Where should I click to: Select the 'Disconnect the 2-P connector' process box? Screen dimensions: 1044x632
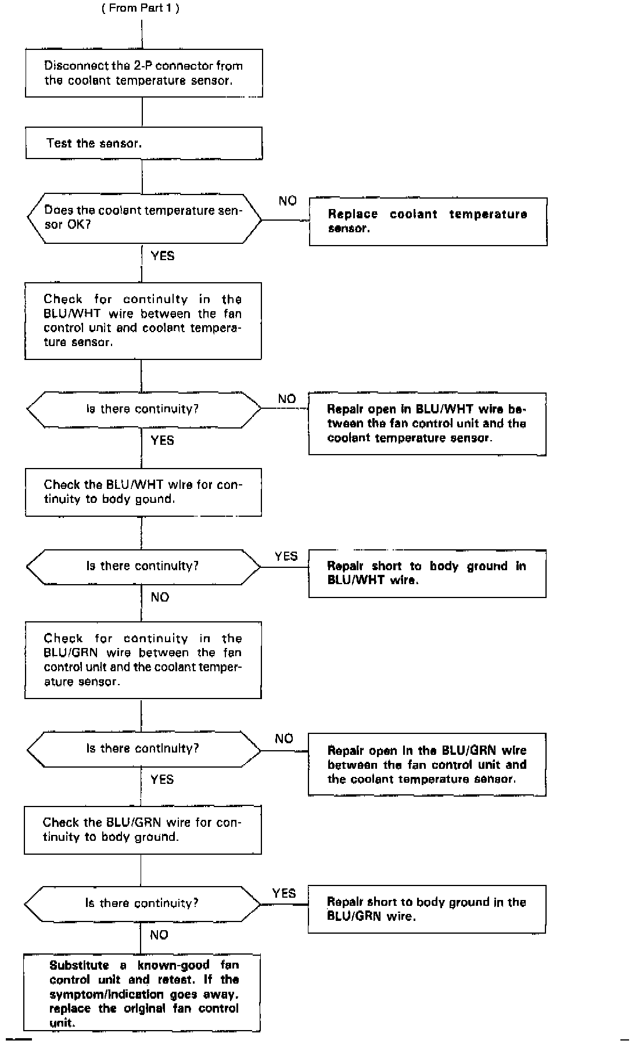point(143,73)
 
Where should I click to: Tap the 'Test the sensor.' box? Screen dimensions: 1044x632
point(143,143)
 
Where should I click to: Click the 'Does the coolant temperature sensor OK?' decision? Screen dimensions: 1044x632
point(143,218)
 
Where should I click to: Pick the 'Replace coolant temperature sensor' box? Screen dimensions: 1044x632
point(428,221)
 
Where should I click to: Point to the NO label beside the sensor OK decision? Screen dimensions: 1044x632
point(288,201)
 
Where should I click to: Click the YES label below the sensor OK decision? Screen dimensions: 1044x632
point(162,255)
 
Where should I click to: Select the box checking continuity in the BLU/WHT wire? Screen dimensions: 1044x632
point(143,321)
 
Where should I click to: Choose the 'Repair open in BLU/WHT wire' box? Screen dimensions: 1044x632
point(427,424)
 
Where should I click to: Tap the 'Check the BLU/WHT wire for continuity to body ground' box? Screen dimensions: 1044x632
point(143,492)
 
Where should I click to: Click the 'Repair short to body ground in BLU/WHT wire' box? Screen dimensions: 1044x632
point(427,573)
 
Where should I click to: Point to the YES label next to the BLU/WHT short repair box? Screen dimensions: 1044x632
point(286,556)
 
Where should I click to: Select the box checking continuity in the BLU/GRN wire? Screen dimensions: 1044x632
point(143,660)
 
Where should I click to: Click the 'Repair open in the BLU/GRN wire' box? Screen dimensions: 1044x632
point(427,764)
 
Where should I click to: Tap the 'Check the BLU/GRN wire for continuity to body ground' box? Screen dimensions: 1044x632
point(142,829)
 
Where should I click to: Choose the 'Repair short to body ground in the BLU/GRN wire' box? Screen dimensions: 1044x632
point(426,909)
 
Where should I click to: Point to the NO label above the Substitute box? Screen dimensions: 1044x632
point(159,935)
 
